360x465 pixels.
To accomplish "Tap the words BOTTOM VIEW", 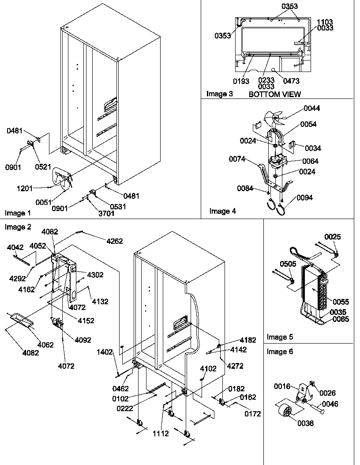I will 274,94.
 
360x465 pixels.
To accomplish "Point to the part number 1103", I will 324,22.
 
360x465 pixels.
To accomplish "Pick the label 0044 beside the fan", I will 311,108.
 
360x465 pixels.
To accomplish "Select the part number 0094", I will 304,197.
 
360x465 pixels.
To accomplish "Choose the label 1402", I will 105,352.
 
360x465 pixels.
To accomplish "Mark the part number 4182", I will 247,340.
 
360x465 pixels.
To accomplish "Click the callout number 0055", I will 341,302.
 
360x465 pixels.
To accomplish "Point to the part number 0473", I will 291,81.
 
